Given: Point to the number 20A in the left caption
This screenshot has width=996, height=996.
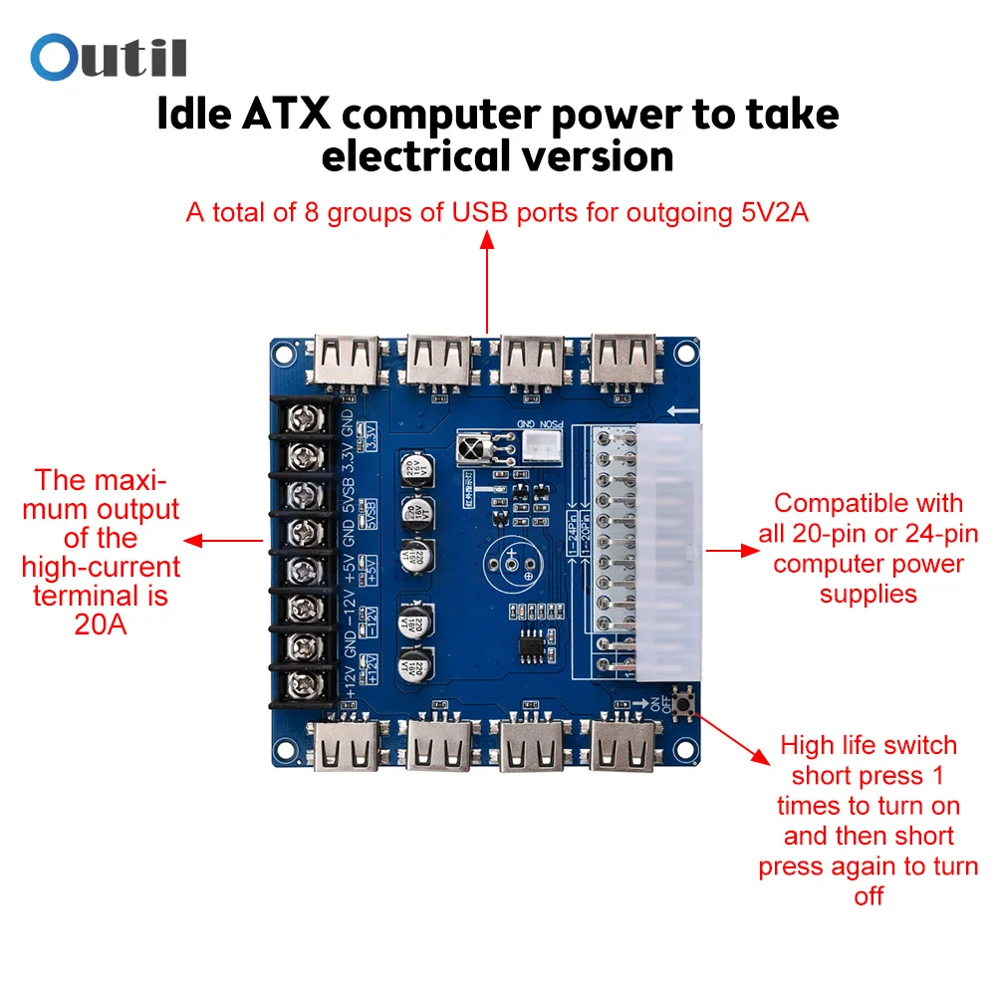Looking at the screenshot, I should (100, 626).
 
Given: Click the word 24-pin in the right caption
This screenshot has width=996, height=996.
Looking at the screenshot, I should (930, 533).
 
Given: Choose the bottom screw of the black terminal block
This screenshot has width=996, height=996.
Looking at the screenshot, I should (302, 684).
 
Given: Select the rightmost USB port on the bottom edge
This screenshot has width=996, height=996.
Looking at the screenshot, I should (623, 745).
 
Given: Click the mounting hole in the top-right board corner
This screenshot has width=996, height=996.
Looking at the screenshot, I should (685, 350).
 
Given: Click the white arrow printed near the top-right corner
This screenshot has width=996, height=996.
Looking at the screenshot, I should (681, 410).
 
